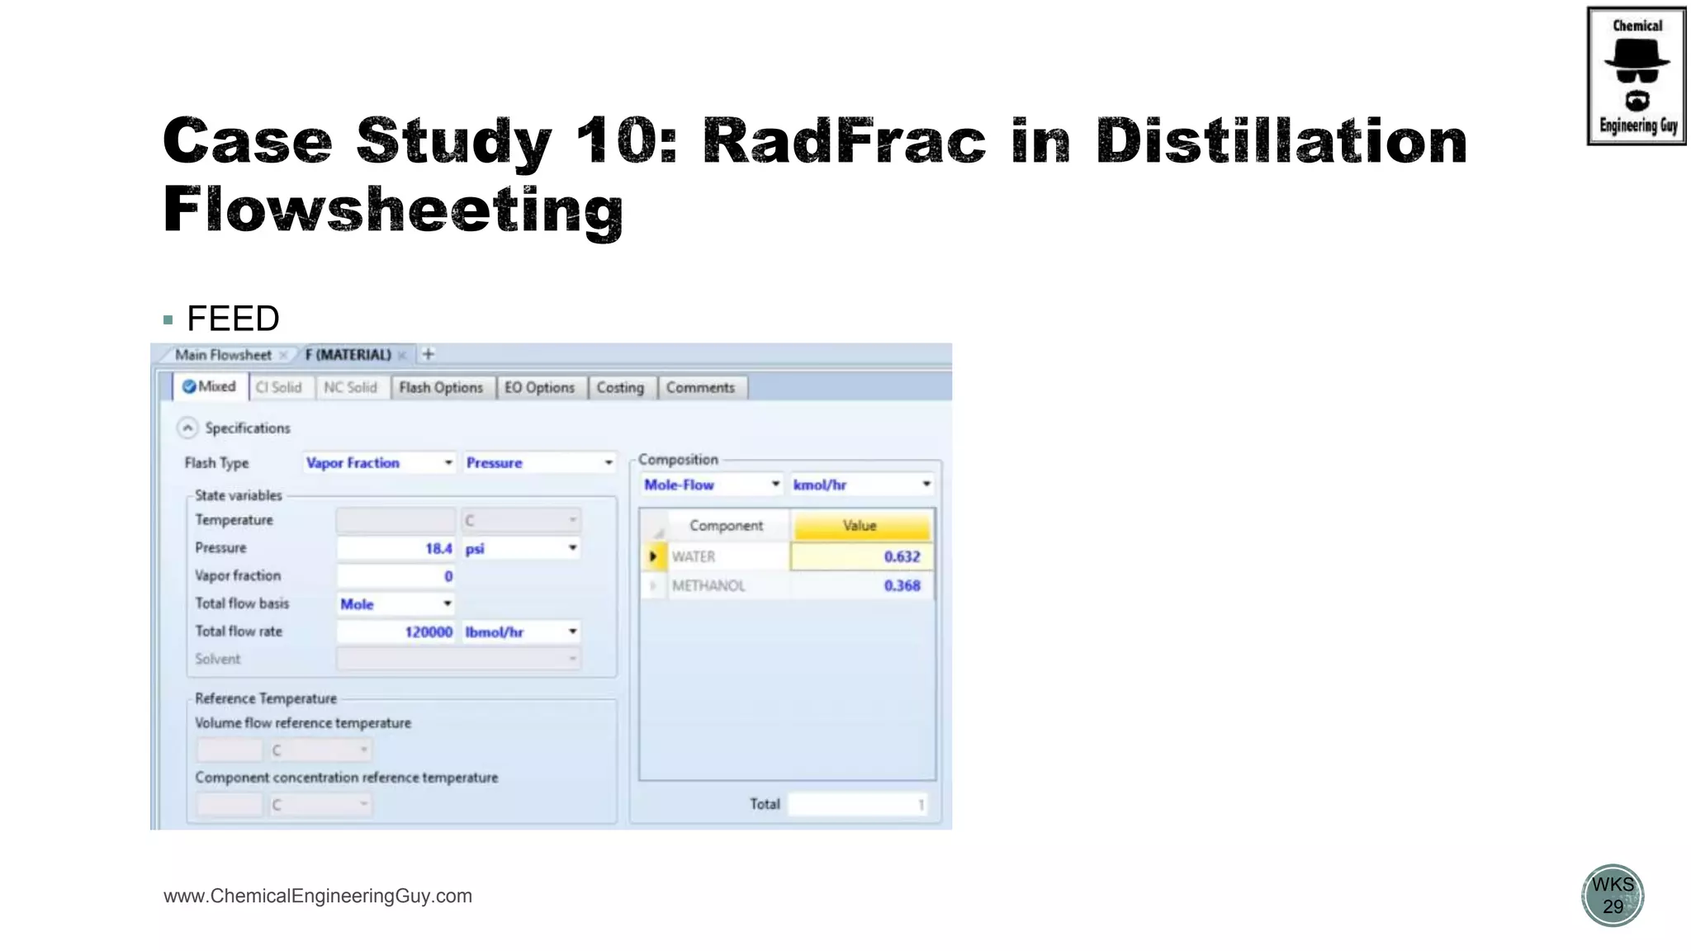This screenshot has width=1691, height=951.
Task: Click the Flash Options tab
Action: click(441, 388)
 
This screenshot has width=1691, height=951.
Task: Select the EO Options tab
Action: click(539, 388)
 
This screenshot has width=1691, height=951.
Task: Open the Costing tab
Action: click(620, 388)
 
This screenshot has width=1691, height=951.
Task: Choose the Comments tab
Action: click(700, 388)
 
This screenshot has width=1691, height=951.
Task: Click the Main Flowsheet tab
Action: click(223, 355)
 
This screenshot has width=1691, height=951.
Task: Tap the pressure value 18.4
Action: click(396, 549)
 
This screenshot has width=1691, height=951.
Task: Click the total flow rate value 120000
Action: click(396, 632)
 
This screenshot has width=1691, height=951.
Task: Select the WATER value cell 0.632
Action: click(861, 557)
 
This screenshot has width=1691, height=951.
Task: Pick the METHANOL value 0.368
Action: click(861, 586)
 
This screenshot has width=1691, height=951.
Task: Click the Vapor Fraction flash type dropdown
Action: click(379, 463)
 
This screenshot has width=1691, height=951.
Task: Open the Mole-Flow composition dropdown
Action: click(711, 485)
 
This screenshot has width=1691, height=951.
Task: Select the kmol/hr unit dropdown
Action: click(861, 485)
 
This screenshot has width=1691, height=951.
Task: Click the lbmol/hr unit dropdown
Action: click(520, 632)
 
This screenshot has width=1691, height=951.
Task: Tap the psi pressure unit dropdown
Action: click(520, 549)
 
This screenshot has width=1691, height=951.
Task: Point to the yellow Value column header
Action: click(860, 526)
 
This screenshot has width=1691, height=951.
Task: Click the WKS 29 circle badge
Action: click(1613, 896)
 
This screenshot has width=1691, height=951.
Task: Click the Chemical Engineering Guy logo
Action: click(1637, 76)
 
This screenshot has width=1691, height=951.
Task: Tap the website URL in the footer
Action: click(318, 897)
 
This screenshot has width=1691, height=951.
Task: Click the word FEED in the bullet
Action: click(233, 319)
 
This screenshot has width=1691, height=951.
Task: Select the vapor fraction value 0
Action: click(396, 576)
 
